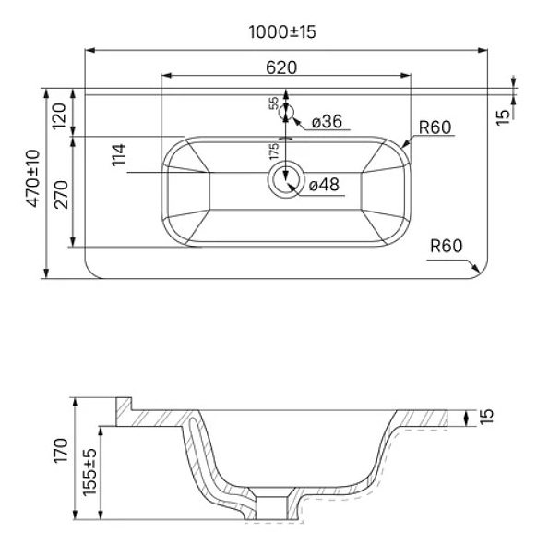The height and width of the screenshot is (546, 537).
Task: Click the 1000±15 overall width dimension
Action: pos(282,32)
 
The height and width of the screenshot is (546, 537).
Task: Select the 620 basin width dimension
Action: pos(281,67)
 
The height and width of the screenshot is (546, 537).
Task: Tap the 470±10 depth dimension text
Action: pos(33,178)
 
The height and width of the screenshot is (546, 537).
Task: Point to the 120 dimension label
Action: pos(59,116)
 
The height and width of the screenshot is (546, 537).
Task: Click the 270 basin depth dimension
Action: pos(61,194)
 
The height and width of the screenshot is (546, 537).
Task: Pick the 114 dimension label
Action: pos(118,154)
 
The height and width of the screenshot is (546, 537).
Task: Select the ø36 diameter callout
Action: pos(327,122)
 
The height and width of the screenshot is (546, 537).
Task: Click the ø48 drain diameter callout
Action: pos(324,184)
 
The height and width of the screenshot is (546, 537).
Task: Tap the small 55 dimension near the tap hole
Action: pos(274,103)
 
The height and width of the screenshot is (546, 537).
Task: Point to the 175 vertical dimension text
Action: pos(274,152)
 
